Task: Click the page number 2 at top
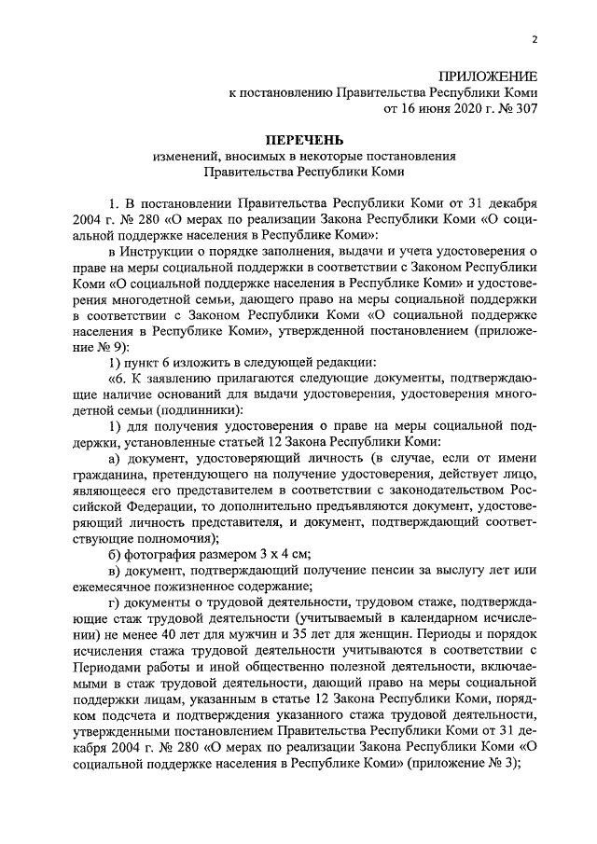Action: coord(535,39)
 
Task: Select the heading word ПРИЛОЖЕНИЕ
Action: coord(490,76)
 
